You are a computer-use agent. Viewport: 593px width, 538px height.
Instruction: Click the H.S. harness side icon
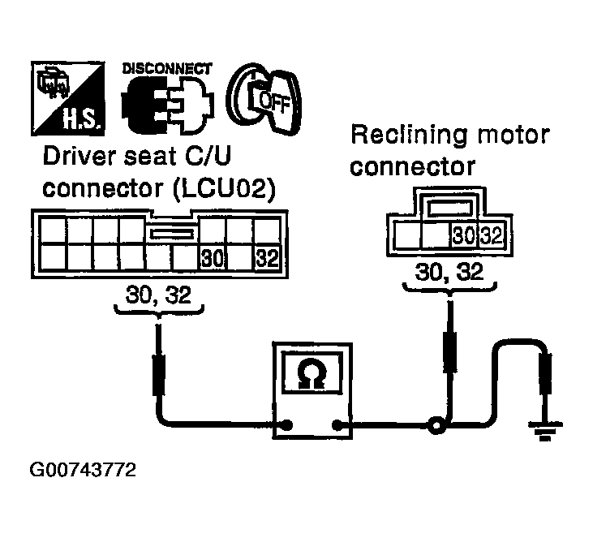[x=68, y=98]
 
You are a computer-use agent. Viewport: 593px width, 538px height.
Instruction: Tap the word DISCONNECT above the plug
[x=167, y=69]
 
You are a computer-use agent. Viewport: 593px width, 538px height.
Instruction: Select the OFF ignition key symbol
[x=264, y=100]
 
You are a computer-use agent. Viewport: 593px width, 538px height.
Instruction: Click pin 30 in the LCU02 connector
[x=213, y=258]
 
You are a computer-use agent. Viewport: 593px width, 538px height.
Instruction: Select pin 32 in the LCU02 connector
[x=268, y=258]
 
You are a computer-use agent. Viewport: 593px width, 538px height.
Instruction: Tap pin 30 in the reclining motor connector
[x=464, y=235]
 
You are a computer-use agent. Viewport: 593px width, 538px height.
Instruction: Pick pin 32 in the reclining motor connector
[x=492, y=235]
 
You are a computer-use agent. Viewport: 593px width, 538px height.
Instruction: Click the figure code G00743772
[x=83, y=471]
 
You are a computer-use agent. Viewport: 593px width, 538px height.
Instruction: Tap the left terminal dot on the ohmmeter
[x=287, y=425]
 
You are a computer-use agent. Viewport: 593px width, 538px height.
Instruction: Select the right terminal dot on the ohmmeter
[x=337, y=425]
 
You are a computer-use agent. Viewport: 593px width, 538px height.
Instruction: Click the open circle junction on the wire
[x=436, y=426]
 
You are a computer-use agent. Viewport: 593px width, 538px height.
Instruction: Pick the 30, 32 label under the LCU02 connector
[x=158, y=295]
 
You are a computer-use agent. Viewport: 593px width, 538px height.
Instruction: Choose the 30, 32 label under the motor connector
[x=449, y=272]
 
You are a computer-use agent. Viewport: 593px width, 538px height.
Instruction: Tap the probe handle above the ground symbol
[x=545, y=372]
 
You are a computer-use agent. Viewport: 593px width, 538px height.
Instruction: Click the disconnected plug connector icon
[x=168, y=105]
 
